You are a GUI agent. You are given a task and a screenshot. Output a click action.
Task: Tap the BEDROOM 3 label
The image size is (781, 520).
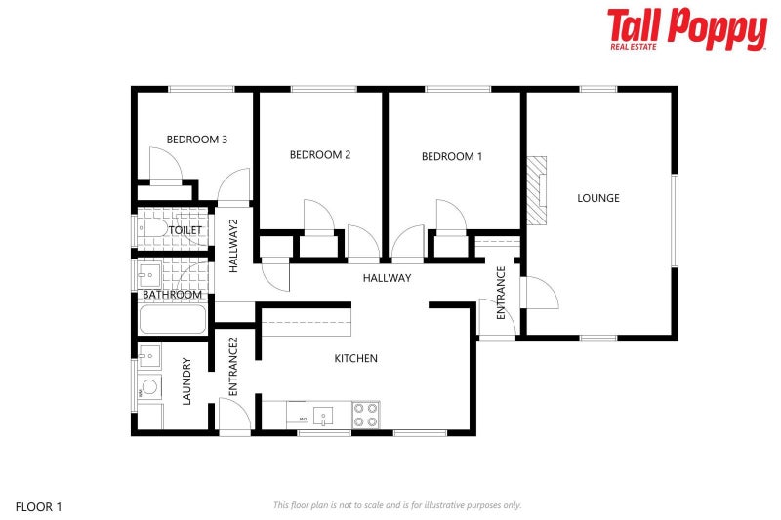pyautogui.click(x=196, y=140)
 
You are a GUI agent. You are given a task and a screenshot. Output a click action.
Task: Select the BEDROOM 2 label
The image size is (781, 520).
pyautogui.click(x=319, y=154)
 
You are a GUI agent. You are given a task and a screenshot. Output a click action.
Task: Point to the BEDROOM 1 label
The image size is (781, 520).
pyautogui.click(x=451, y=156)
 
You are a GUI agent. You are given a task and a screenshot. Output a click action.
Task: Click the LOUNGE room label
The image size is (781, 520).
pyautogui.click(x=597, y=198)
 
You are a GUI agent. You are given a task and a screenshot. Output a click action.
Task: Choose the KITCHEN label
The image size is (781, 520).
pyautogui.click(x=355, y=359)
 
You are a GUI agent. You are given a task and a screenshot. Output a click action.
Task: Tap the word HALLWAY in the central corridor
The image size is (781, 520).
pyautogui.click(x=387, y=278)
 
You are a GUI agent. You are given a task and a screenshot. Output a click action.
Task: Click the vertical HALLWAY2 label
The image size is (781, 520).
pyautogui.click(x=234, y=246)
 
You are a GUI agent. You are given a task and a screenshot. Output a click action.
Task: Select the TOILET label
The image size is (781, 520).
pyautogui.click(x=185, y=230)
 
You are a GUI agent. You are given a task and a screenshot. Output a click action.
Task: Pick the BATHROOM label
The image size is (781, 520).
pyautogui.click(x=172, y=294)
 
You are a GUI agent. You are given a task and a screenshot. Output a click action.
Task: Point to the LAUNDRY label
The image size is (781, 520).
pyautogui.click(x=186, y=381)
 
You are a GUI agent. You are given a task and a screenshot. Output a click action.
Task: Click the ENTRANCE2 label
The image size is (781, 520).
pyautogui.click(x=234, y=366)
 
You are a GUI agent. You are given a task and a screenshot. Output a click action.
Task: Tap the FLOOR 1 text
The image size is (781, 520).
pyautogui.click(x=38, y=506)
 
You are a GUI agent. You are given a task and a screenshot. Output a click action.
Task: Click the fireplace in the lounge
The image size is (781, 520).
pyautogui.click(x=537, y=189)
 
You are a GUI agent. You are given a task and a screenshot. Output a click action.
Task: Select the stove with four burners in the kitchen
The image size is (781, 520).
pyautogui.click(x=366, y=415)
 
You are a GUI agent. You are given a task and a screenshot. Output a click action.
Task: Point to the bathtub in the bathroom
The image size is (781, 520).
pyautogui.click(x=173, y=319)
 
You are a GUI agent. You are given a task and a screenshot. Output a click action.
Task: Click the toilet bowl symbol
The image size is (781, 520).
pyautogui.click(x=151, y=229)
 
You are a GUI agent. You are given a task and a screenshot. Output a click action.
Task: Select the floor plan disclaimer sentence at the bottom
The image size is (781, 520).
pyautogui.click(x=397, y=505)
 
